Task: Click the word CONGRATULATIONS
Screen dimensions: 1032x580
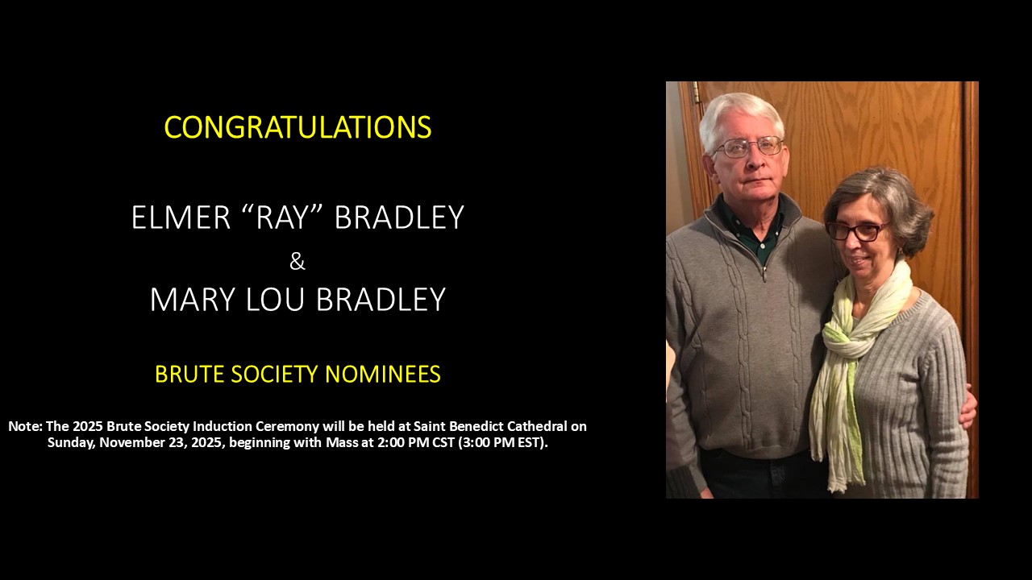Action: [x=298, y=127]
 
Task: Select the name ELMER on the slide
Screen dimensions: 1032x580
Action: [x=181, y=217]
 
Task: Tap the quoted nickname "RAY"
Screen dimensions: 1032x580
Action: [x=282, y=217]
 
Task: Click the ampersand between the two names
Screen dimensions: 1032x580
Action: [x=298, y=262]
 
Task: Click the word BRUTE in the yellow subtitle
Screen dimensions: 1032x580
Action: [x=189, y=374]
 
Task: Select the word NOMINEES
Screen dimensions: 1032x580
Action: [x=383, y=374]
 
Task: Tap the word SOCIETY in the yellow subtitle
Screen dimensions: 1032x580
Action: [x=275, y=374]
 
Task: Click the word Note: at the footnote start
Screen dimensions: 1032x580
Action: [x=26, y=426]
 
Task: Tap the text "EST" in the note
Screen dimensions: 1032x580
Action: [x=531, y=442]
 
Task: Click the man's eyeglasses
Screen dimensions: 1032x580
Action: [x=748, y=147]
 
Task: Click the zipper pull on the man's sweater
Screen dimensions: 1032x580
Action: [x=764, y=276]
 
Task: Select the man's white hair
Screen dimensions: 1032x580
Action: [x=741, y=118]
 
